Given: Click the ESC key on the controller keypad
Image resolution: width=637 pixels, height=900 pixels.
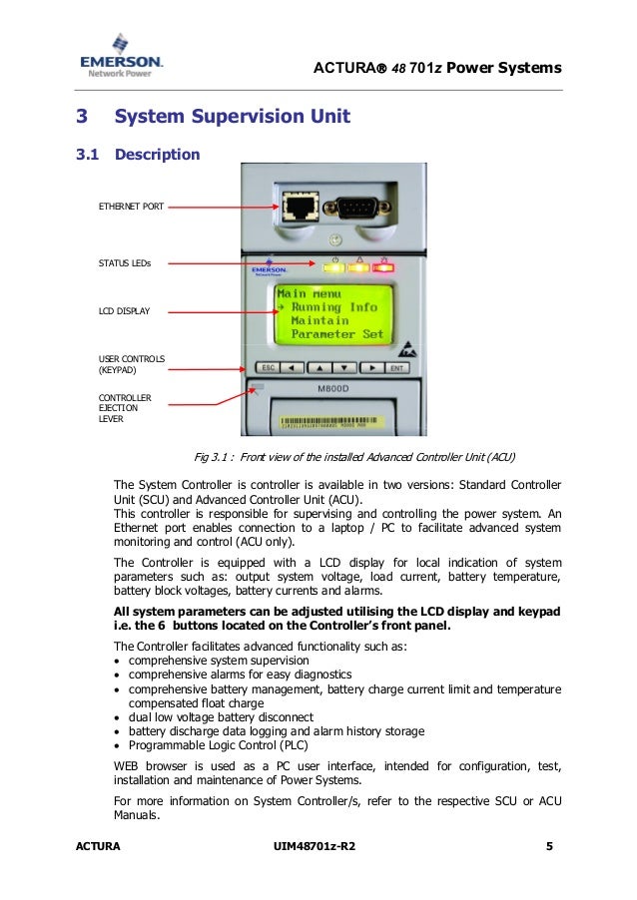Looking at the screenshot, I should tap(268, 367).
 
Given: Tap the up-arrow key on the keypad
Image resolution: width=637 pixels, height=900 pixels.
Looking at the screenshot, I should tap(321, 367).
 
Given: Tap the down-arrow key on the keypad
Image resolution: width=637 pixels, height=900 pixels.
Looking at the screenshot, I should tap(345, 367).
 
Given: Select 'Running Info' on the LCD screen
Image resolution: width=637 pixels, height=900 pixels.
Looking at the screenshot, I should tap(331, 307).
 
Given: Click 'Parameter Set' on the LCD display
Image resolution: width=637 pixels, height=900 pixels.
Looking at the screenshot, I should tap(336, 335).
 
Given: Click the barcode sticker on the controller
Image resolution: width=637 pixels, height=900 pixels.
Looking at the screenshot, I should tap(329, 422).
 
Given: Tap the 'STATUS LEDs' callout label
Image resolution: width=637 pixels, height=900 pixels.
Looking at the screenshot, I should tap(124, 263).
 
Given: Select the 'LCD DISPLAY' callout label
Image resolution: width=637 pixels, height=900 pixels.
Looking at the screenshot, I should tap(124, 311).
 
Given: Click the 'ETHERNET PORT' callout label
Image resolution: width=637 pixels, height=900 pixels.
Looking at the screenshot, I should tap(131, 207).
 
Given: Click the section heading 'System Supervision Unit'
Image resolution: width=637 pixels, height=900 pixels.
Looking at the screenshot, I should tap(232, 117).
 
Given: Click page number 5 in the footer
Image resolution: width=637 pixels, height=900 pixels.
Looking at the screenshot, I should tap(549, 847).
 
